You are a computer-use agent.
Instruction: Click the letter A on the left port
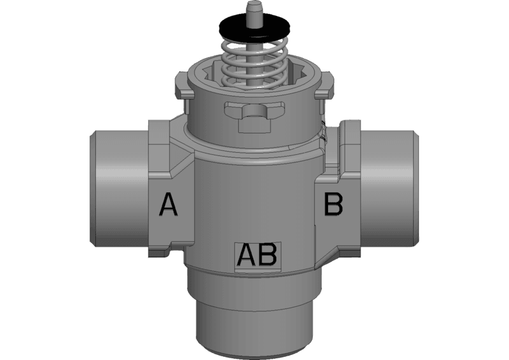(x=168, y=205)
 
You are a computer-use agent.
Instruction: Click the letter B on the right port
(x=333, y=205)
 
